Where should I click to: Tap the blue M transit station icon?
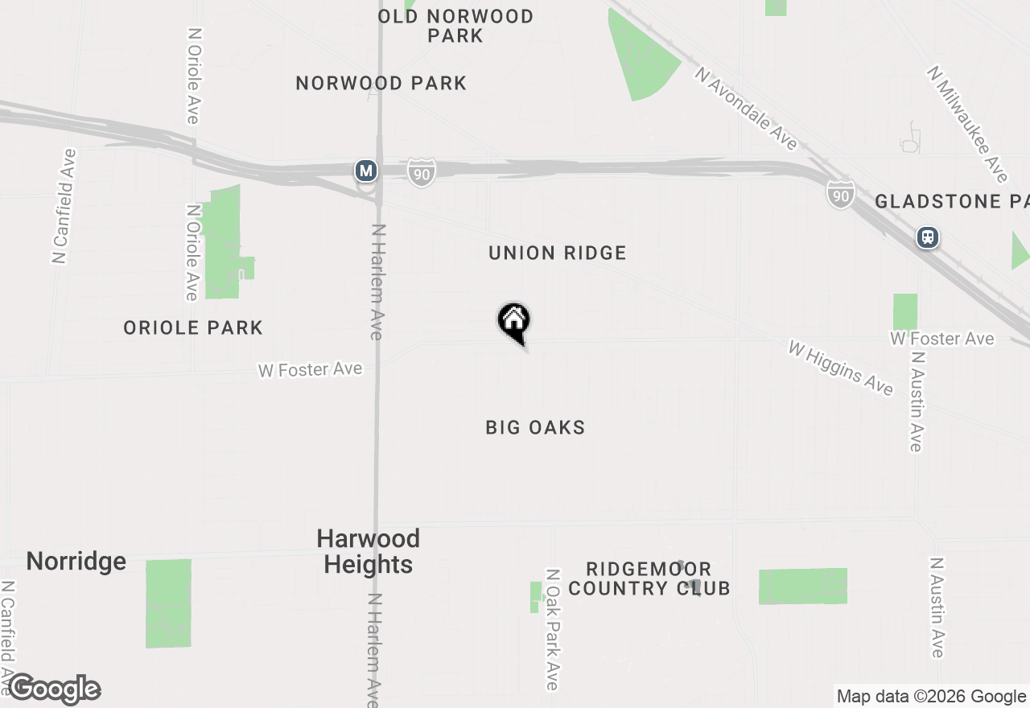(x=366, y=171)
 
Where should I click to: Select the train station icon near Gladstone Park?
(x=928, y=237)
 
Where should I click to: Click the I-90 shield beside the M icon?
(x=421, y=172)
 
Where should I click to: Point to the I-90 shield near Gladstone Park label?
(x=839, y=194)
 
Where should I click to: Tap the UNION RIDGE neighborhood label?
(x=558, y=253)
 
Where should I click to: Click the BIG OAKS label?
(x=535, y=427)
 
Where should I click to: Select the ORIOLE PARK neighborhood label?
(x=193, y=327)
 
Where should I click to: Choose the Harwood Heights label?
(x=369, y=551)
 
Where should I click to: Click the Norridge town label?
(x=76, y=561)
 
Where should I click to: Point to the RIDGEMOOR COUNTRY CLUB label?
(x=649, y=579)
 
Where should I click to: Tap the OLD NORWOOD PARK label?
(x=455, y=26)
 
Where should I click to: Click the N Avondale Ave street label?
(x=748, y=109)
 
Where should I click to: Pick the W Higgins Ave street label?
(x=841, y=368)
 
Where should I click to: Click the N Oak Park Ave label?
(x=552, y=630)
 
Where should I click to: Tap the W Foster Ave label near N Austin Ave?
(x=942, y=339)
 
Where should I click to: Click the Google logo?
(x=54, y=689)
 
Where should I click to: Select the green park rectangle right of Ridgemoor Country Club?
(x=803, y=586)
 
